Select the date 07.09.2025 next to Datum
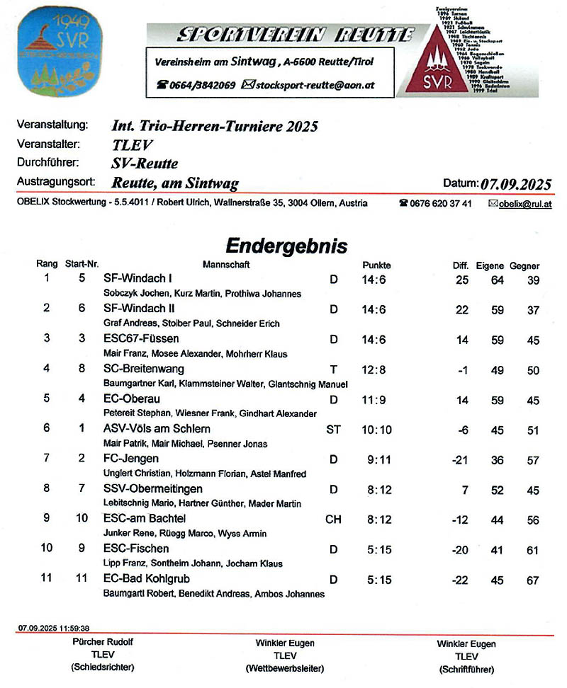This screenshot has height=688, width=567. pos(516,184)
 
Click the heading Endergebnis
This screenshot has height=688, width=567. pos(286,246)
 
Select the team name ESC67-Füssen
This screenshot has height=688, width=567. pos(141,339)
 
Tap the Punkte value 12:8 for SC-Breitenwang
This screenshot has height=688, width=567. pos(374,369)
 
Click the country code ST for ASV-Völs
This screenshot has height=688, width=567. pos(333,429)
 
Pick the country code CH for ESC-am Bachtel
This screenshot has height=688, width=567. pos(333,519)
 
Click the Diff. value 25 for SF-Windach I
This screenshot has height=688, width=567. pos(462,280)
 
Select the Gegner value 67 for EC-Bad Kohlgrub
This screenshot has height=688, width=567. pos(533,580)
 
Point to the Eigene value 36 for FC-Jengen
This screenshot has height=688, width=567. pos(497,460)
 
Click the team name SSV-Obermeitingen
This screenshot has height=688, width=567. pos(152,489)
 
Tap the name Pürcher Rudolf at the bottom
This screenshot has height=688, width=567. pos(103,643)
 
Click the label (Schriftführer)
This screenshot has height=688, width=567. pos(466,670)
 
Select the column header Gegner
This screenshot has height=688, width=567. pos(524,266)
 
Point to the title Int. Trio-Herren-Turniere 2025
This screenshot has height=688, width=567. pos(215,127)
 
